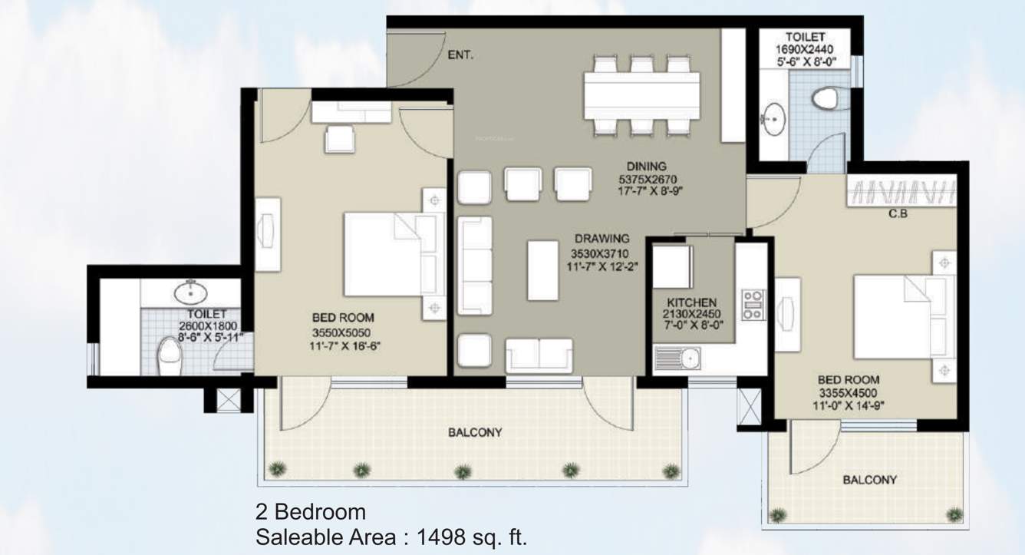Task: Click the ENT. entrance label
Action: pos(460,55)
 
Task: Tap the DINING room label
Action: pos(645,166)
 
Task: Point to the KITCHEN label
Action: pos(691,302)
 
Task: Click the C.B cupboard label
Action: pos(898,214)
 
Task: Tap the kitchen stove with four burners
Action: pos(752,305)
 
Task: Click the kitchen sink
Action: pos(678,357)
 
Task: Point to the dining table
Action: pos(641,97)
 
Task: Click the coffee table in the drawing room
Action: pos(543,269)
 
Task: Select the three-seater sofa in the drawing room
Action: pos(474,265)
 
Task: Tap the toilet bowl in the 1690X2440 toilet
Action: pos(826,98)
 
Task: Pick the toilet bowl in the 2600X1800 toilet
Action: pos(167,355)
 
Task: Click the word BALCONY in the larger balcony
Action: pos(475,432)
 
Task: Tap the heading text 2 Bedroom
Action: pos(311,511)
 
